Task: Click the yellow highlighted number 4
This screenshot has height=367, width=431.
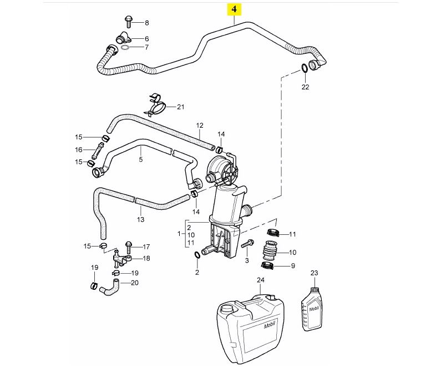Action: tap(235, 9)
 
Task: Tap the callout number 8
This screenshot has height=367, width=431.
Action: tap(147, 23)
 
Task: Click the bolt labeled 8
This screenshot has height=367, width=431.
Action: tap(128, 21)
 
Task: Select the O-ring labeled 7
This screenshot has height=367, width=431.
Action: tap(126, 48)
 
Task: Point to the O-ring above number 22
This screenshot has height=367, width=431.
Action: tap(305, 68)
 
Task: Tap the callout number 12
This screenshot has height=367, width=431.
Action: tap(200, 125)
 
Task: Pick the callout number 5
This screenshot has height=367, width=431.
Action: tap(140, 160)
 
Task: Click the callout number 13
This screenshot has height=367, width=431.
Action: tap(140, 220)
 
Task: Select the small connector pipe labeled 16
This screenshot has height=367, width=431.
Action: tap(99, 150)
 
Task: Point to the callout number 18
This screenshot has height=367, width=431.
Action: tap(146, 258)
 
